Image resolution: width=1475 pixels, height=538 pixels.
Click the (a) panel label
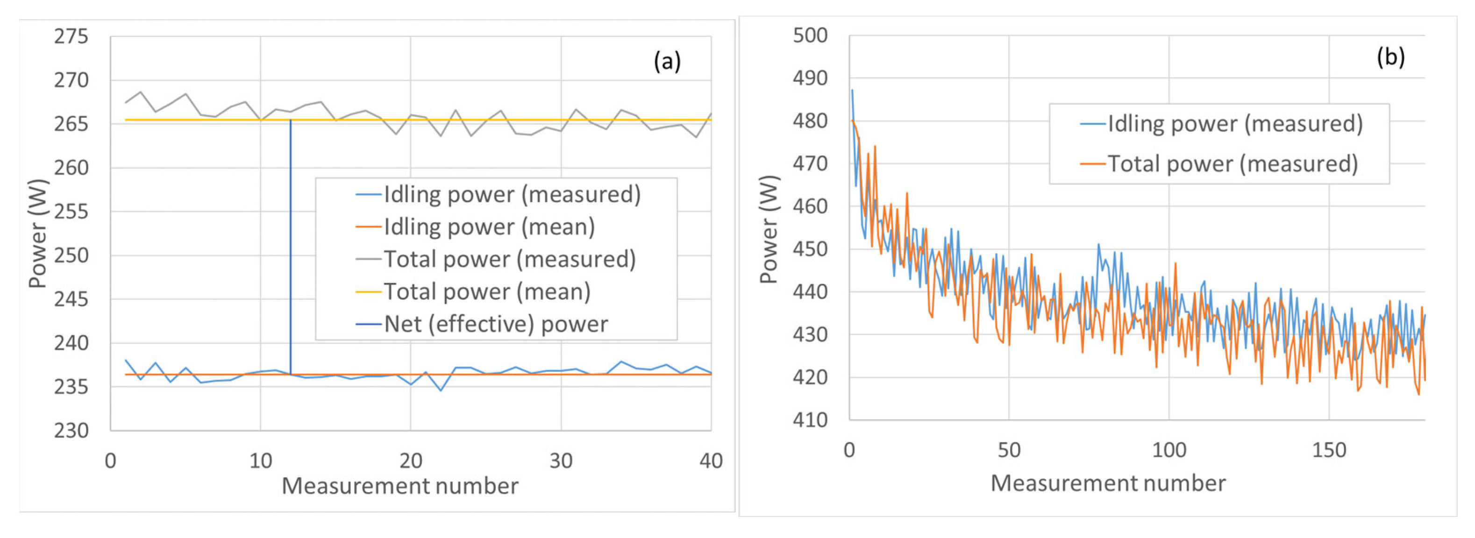click(667, 61)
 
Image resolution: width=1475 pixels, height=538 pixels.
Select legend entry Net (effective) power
click(495, 324)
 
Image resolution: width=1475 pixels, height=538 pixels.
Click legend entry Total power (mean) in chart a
click(487, 291)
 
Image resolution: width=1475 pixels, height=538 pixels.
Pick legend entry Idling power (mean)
click(489, 227)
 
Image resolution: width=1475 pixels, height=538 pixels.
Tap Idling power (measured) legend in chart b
click(1234, 124)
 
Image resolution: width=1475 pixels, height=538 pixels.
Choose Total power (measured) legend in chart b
click(1232, 164)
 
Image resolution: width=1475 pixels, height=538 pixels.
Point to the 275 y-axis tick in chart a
click(71, 36)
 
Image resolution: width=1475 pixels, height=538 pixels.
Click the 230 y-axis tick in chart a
click(71, 431)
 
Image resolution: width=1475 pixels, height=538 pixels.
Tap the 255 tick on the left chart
click(71, 212)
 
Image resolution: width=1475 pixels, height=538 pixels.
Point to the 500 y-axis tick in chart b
click(810, 35)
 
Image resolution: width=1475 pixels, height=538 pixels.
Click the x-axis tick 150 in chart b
click(1328, 450)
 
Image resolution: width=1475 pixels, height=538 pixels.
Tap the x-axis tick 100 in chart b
click(1169, 450)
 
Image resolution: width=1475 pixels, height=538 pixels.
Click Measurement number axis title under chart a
click(399, 486)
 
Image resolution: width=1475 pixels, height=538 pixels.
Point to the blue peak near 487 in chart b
click(852, 91)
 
